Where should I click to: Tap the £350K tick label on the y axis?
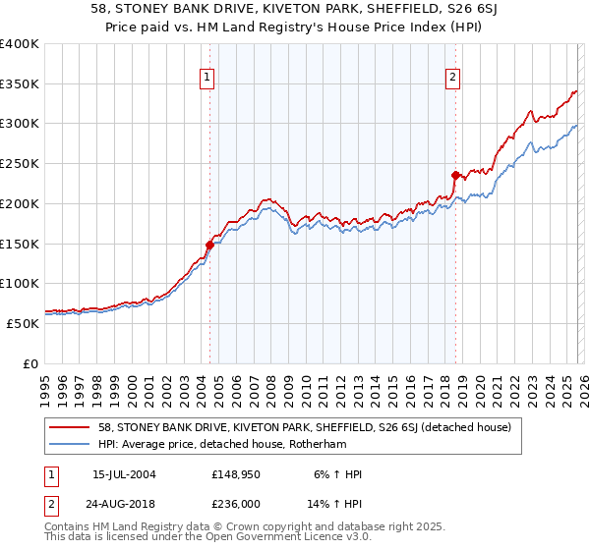[x=20, y=84]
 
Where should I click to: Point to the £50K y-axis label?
[x=23, y=323]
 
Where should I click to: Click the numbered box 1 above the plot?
[x=208, y=79]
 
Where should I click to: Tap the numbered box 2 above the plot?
[x=452, y=79]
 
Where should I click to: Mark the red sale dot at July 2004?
[x=209, y=245]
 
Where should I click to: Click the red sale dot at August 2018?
[x=455, y=176]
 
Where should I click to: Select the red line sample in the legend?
[x=70, y=427]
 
